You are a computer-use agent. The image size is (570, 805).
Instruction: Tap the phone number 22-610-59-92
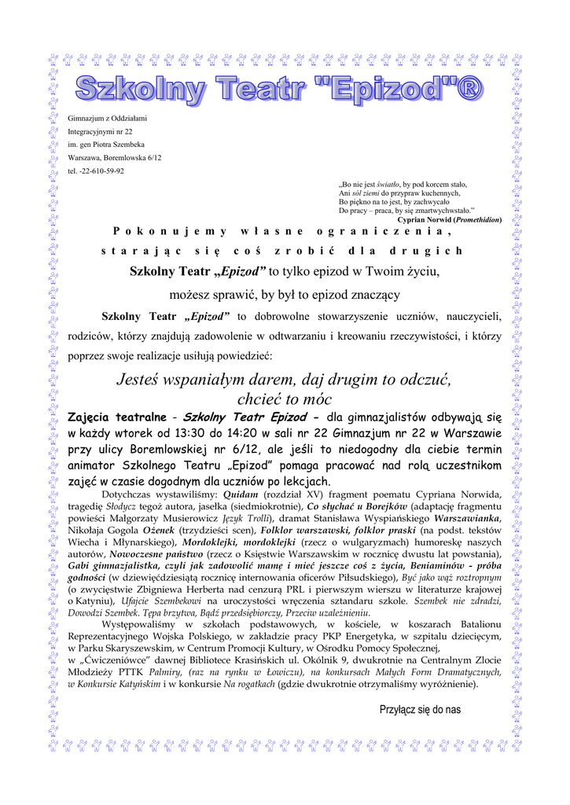coord(101,171)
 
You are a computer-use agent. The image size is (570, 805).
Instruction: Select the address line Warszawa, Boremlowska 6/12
coord(114,157)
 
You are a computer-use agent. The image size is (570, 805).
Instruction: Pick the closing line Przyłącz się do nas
coord(420,709)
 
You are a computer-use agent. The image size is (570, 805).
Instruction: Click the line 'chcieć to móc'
coord(282,399)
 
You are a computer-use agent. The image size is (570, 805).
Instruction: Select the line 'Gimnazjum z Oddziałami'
coord(107,118)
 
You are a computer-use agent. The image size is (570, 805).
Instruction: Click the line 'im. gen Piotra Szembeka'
coord(106,145)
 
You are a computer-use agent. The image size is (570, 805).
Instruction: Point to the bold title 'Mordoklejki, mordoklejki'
coord(239,542)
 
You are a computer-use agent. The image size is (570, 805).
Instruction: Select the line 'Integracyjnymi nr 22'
coord(100,131)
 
